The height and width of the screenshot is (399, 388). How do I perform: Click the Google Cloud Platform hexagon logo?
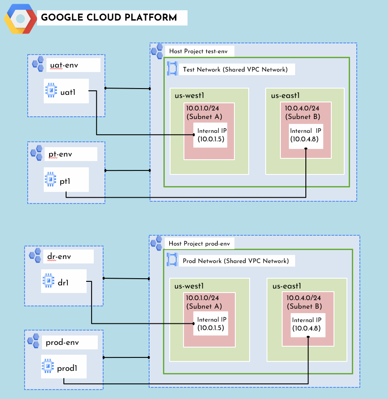pos(21,19)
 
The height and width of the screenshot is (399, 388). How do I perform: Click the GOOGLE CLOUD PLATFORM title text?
pos(108,18)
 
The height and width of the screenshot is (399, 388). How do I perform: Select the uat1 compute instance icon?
pos(51,91)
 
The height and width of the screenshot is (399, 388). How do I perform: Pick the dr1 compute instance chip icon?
pos(48,281)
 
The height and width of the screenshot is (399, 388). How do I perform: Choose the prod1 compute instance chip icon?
pos(48,367)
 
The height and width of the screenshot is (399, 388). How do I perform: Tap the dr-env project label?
pos(59,257)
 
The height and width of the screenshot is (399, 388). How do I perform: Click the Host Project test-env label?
pos(198,51)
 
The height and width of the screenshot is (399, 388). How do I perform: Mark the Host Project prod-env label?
pos(198,243)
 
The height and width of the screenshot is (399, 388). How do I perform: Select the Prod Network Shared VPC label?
pos(236,261)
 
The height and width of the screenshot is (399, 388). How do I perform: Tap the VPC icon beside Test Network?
pos(172,69)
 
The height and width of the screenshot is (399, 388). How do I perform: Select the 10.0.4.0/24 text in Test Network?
pos(303,108)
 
